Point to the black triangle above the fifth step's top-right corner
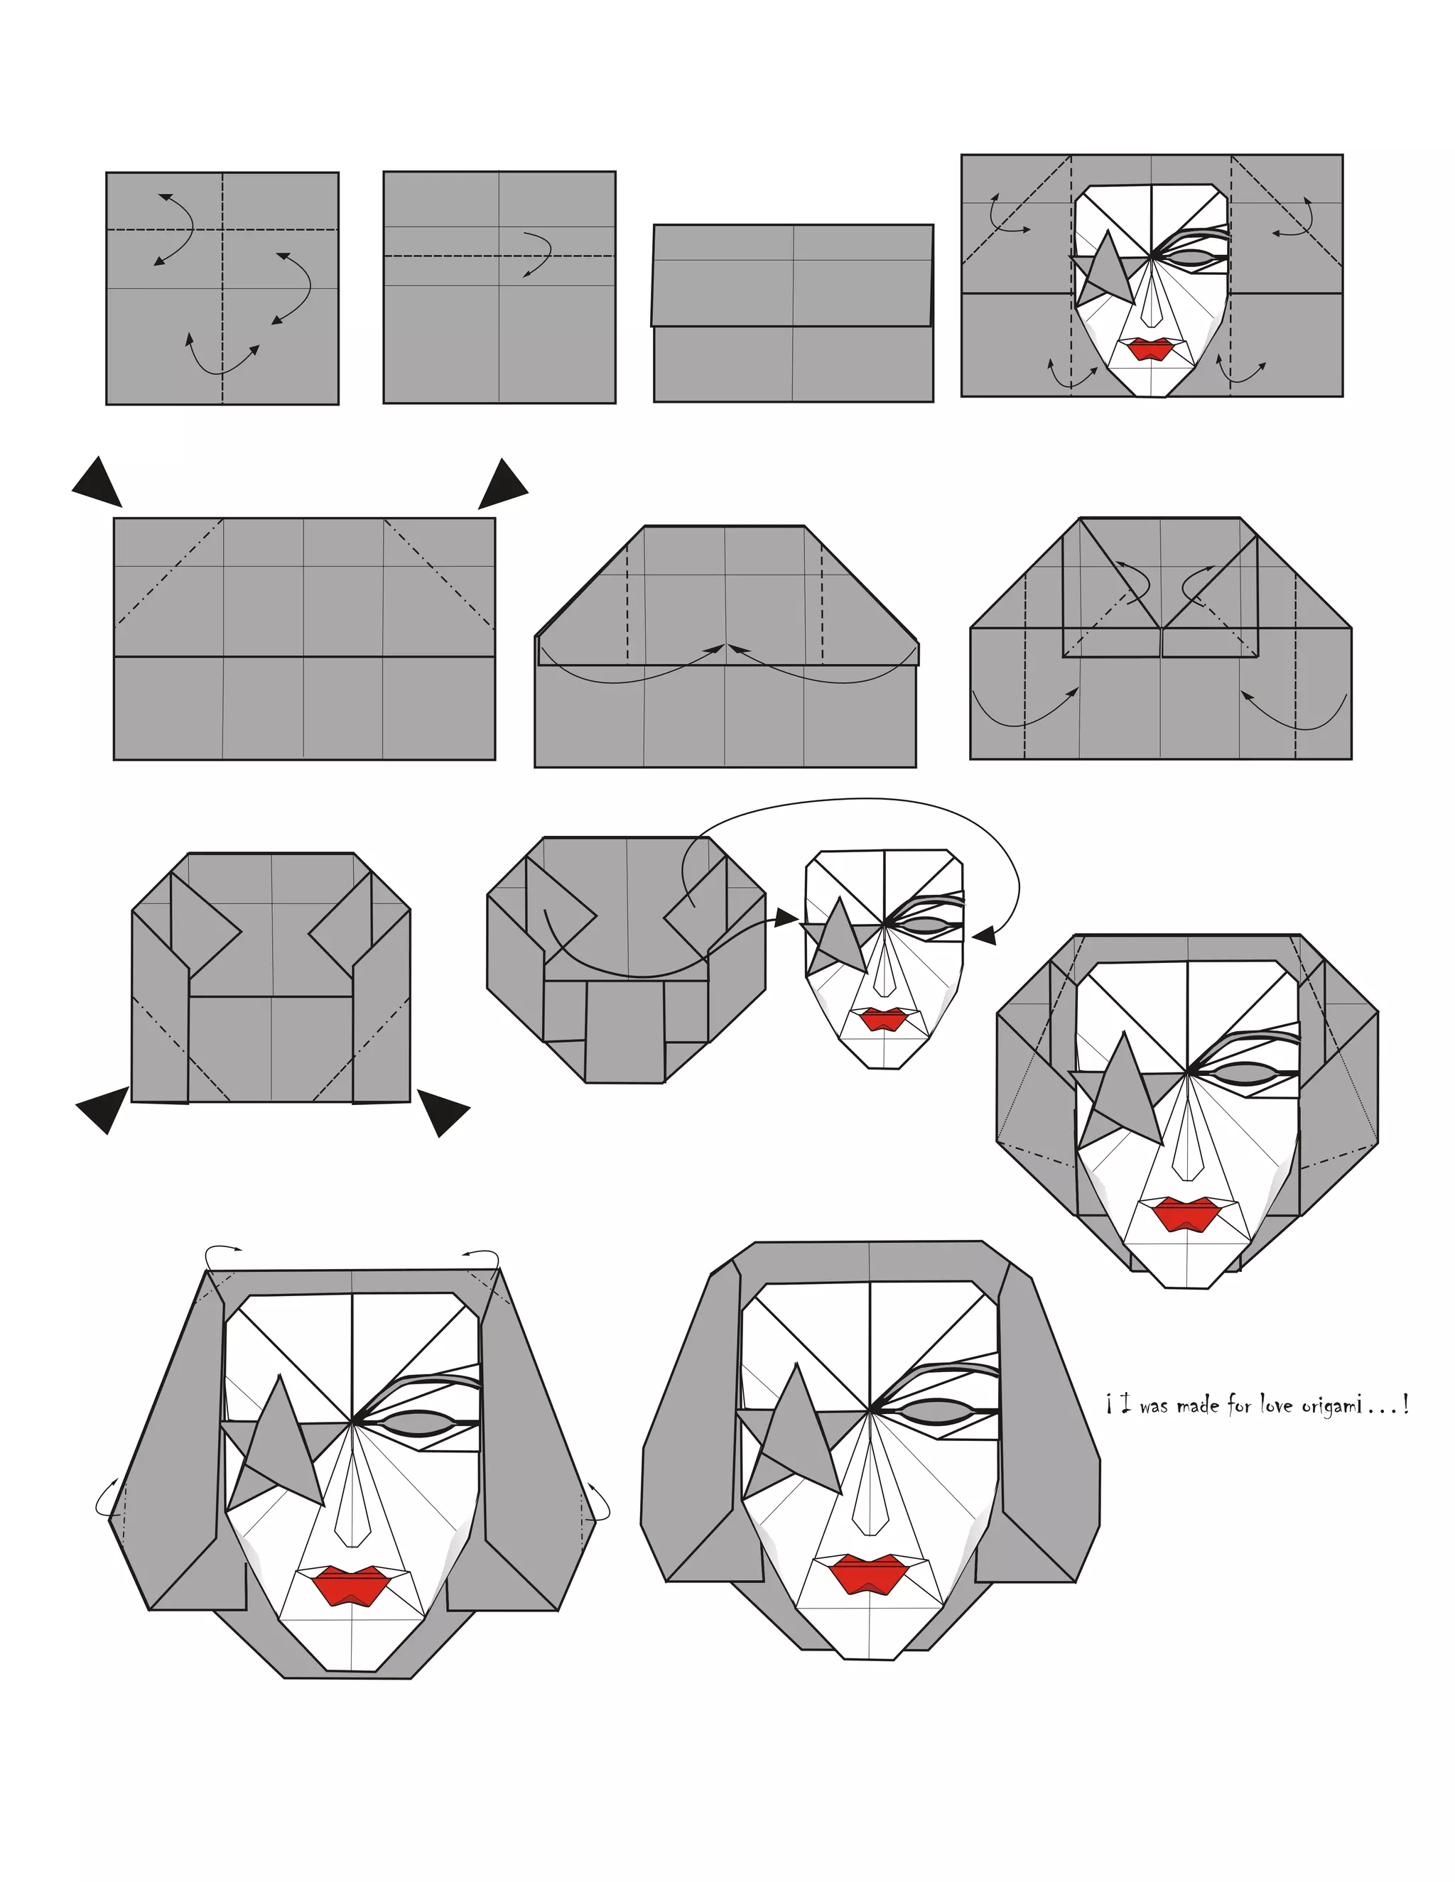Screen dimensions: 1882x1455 [x=502, y=484]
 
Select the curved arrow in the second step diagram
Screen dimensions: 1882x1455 [x=538, y=254]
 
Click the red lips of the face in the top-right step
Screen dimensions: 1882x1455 [x=1150, y=348]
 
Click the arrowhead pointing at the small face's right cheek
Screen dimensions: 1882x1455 [x=985, y=935]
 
